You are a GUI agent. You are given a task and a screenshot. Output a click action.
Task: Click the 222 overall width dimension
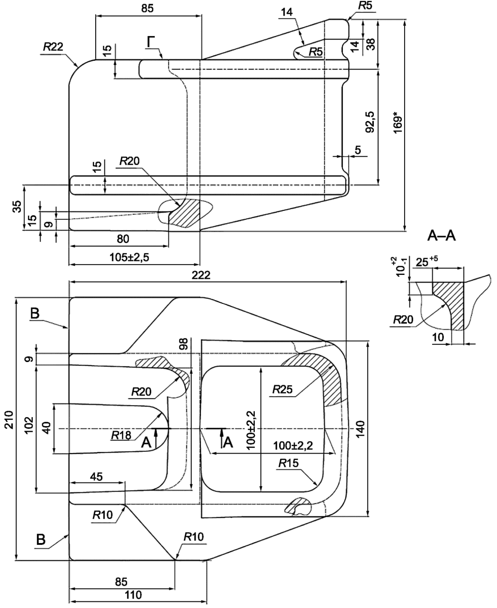[x=201, y=275]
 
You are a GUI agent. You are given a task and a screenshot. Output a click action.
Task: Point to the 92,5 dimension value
[x=370, y=122]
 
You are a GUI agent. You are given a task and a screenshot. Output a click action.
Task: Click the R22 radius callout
[x=53, y=46]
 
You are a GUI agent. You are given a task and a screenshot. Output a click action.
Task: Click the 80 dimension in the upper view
[x=123, y=239]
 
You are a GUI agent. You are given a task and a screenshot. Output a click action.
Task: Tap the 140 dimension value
[x=360, y=429]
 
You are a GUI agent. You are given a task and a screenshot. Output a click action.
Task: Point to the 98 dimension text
[x=183, y=343]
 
